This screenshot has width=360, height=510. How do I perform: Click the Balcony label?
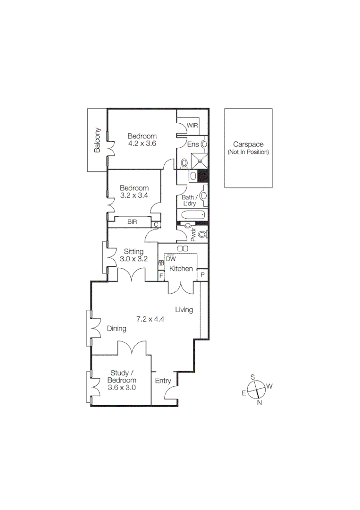pyautogui.click(x=98, y=140)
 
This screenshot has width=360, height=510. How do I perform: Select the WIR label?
pyautogui.click(x=193, y=125)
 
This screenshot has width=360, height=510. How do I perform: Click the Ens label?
pyautogui.click(x=193, y=144)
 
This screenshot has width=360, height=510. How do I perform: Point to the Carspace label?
pyautogui.click(x=248, y=145)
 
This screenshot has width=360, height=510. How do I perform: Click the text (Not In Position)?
pyautogui.click(x=248, y=152)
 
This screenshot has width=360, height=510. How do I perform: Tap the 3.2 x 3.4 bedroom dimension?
pyautogui.click(x=134, y=195)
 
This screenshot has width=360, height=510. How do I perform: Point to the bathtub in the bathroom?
pyautogui.click(x=193, y=216)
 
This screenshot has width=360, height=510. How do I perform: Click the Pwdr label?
pyautogui.click(x=193, y=235)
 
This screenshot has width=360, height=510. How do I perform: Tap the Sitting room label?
pyautogui.click(x=134, y=251)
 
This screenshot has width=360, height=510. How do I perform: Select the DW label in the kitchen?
pyautogui.click(x=171, y=259)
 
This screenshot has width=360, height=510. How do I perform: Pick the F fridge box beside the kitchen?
pyautogui.click(x=161, y=275)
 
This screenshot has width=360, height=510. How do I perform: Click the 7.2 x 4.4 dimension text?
pyautogui.click(x=150, y=319)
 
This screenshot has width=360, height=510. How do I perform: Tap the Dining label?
pyautogui.click(x=117, y=329)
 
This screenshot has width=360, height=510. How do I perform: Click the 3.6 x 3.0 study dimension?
pyautogui.click(x=122, y=388)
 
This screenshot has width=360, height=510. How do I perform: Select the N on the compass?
pyautogui.click(x=259, y=402)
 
